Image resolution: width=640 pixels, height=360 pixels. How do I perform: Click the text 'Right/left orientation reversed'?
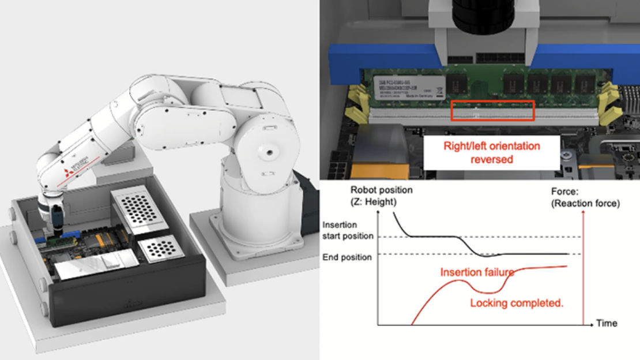point(491,152)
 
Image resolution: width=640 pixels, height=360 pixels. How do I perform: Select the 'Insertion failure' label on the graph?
point(472,272)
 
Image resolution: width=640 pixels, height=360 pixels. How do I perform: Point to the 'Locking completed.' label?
point(517,303)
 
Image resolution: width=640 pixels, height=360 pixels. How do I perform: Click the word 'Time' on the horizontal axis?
point(607,324)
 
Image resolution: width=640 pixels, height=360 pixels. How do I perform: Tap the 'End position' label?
point(347,257)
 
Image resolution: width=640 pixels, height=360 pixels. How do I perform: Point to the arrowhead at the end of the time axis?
point(592,325)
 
